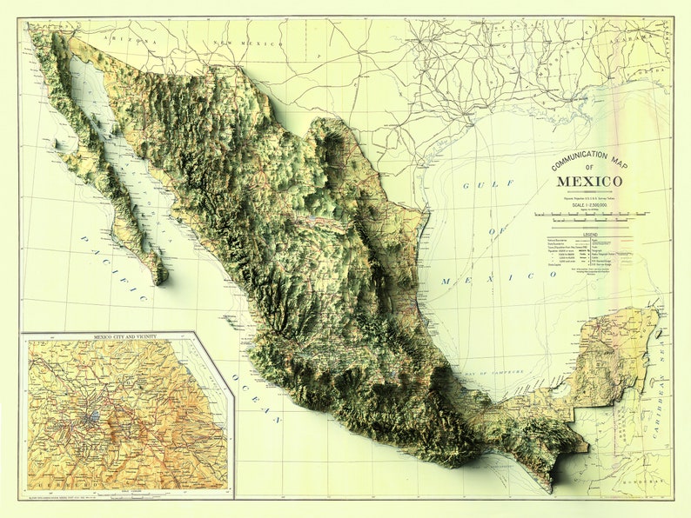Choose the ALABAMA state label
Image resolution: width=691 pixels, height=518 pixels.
tap(636, 39)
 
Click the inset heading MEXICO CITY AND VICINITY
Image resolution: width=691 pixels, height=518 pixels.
tap(127, 335)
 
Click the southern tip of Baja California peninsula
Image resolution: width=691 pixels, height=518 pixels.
tap(159, 280)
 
